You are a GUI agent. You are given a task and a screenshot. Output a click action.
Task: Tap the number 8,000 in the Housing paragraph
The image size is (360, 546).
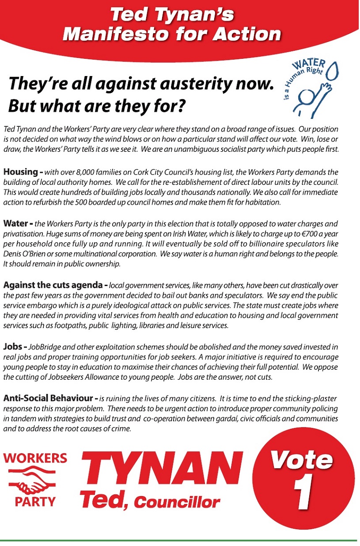click(93, 172)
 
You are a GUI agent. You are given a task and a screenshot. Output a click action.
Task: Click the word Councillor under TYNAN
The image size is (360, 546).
click(177, 502)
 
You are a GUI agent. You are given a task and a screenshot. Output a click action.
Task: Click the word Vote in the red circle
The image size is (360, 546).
click(302, 460)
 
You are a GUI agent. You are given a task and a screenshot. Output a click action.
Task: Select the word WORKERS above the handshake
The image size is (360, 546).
click(35, 458)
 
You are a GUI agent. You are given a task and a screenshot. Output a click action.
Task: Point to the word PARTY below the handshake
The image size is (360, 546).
click(35, 502)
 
